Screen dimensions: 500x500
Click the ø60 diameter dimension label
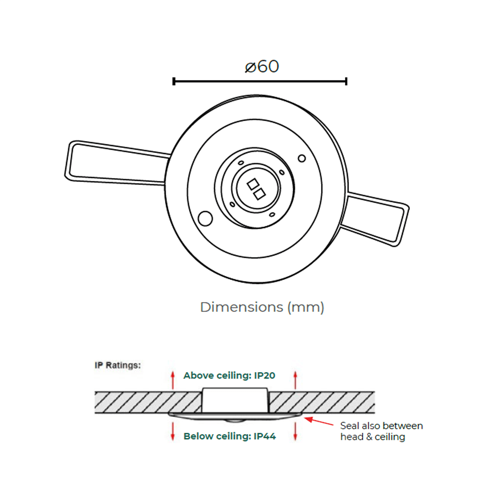[x=262, y=66]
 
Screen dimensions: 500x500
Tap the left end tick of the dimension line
[x=174, y=81]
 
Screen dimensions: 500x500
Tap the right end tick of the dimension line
[x=346, y=81]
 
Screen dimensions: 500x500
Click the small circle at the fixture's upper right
[x=302, y=158]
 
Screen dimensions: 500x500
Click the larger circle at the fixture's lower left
[x=205, y=219]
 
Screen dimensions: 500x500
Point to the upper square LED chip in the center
[x=252, y=184]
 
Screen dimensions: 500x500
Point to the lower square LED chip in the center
[x=259, y=194]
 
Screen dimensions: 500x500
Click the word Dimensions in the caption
[x=242, y=307]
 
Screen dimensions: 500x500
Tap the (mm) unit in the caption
[x=306, y=307]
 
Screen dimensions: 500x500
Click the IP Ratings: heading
[x=118, y=365]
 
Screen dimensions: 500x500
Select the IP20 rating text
[x=265, y=376]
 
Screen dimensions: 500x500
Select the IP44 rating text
[x=265, y=436]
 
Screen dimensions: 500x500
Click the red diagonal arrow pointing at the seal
[x=319, y=421]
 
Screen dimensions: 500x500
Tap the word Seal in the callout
[x=350, y=426]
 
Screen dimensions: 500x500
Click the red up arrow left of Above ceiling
[x=173, y=380]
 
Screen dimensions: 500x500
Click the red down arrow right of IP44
[x=295, y=432]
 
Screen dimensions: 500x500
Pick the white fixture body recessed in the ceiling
[x=235, y=400]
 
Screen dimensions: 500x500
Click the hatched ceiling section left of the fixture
[x=148, y=402]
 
